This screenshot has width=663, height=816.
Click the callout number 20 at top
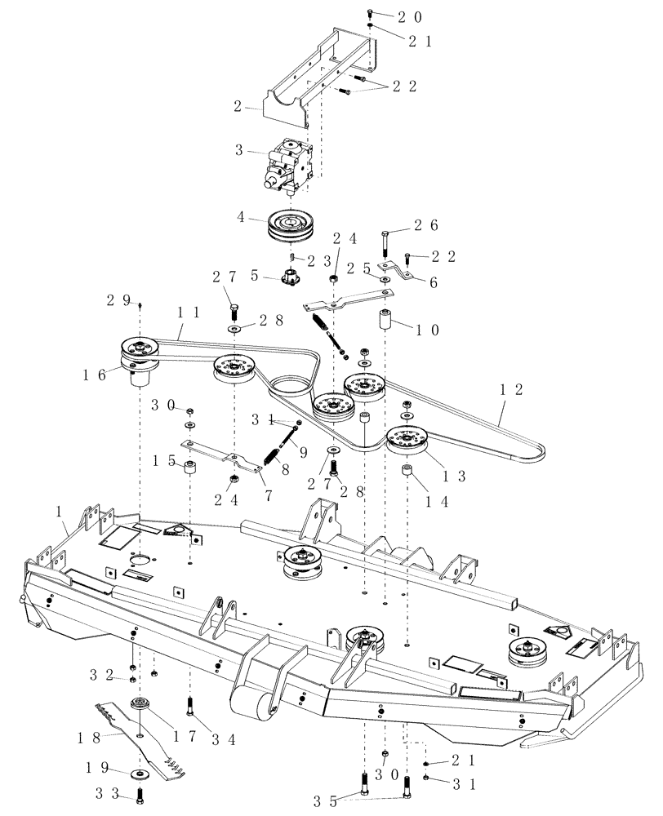tap(393, 16)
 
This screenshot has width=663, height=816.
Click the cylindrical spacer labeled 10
tap(385, 321)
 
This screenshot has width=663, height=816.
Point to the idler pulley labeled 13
tap(407, 441)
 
